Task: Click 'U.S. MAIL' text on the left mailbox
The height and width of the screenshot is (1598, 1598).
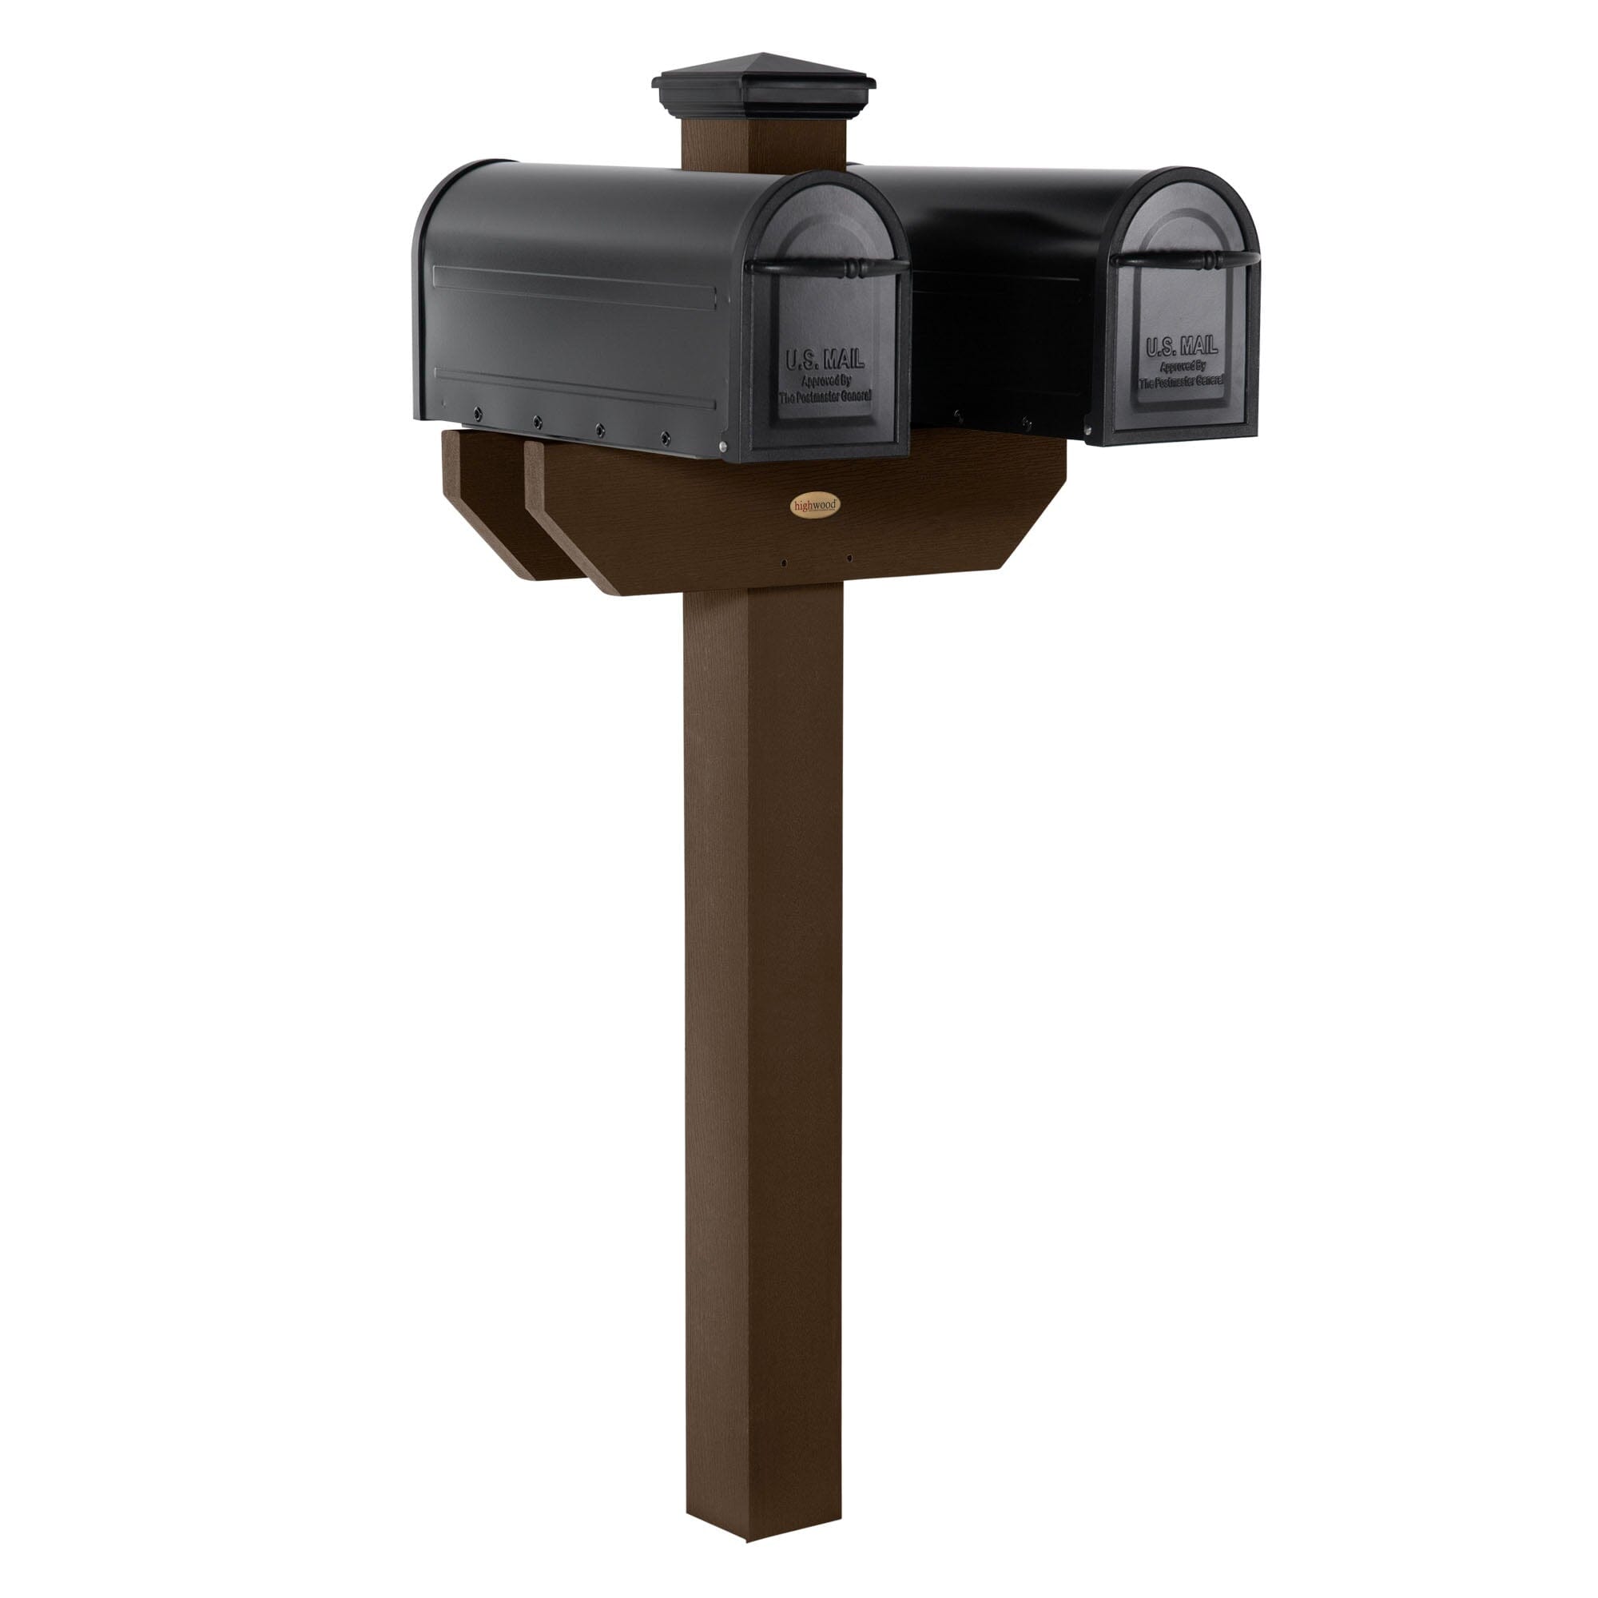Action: (x=824, y=360)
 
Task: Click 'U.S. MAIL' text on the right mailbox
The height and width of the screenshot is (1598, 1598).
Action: (x=1181, y=347)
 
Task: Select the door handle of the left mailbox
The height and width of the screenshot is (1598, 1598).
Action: (x=827, y=266)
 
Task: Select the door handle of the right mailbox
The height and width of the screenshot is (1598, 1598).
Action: (x=1184, y=260)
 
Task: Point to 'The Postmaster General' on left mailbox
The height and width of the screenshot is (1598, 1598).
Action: (x=825, y=396)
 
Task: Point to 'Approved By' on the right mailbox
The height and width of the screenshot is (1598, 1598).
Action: (x=1182, y=367)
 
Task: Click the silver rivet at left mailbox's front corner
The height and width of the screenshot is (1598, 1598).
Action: (x=724, y=447)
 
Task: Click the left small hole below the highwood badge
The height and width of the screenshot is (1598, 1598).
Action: (x=784, y=562)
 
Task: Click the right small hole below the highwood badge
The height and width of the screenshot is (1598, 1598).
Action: (x=849, y=559)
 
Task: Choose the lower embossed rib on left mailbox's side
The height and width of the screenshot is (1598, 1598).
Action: (x=574, y=387)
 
